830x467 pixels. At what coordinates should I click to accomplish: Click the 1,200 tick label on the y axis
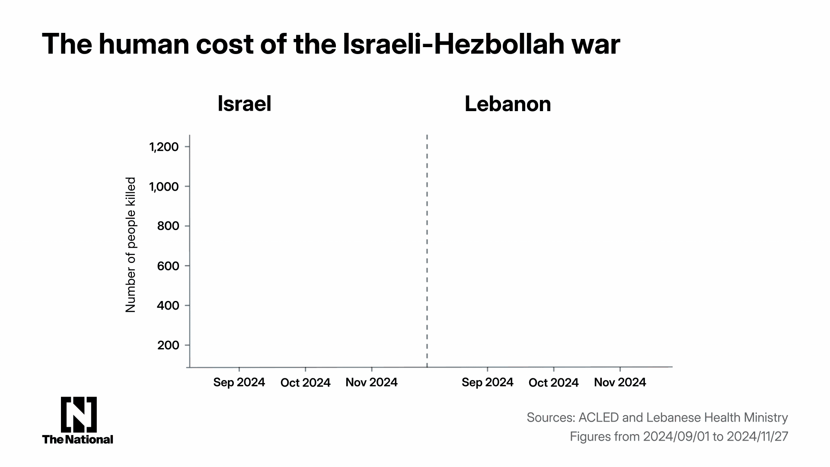coord(164,147)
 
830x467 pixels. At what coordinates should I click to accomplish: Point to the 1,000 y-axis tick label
coord(164,187)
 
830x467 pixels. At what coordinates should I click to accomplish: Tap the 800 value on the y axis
coord(168,226)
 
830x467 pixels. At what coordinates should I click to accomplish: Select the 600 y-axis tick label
coord(168,266)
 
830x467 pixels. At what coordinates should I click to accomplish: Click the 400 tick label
coord(168,306)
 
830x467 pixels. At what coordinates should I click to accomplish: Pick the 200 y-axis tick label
coord(168,345)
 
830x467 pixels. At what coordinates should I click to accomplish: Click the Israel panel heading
coord(244,104)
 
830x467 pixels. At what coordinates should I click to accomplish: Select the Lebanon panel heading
coord(508,104)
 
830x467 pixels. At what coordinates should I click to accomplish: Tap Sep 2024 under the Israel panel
coord(239,383)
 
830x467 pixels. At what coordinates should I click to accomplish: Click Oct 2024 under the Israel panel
coord(305,383)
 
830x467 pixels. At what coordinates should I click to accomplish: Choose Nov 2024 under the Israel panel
coord(371,383)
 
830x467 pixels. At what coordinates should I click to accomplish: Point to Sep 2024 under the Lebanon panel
coord(487,382)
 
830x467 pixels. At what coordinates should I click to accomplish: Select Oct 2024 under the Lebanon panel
coord(553,383)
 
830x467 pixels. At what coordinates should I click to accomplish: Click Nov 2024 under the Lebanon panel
coord(620,382)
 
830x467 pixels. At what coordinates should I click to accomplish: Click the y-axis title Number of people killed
coord(131,245)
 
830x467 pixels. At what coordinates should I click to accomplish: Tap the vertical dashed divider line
coord(427,251)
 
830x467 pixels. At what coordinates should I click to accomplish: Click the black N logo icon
coord(78,414)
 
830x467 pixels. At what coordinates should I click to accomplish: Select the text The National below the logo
coord(78,439)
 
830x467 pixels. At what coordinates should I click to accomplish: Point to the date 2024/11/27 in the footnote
coord(757,437)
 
